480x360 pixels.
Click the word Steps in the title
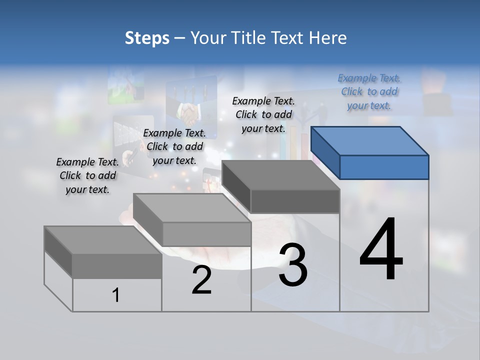[x=147, y=38]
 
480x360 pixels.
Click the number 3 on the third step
[x=292, y=265]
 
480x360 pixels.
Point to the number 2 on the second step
[x=201, y=279]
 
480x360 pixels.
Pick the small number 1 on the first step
[x=116, y=295]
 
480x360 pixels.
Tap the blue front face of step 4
[x=384, y=167]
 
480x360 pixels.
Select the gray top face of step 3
[x=281, y=175]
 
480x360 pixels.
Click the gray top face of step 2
[x=192, y=208]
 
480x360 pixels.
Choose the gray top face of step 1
[x=103, y=240]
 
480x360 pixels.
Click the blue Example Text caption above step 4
[x=369, y=91]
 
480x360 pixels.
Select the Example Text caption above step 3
[x=263, y=114]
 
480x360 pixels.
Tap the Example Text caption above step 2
[x=174, y=146]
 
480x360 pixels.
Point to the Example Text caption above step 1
[x=87, y=175]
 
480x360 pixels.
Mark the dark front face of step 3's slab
[x=295, y=201]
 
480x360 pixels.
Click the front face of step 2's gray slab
[x=206, y=234]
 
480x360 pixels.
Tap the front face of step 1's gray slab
[x=117, y=265]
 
